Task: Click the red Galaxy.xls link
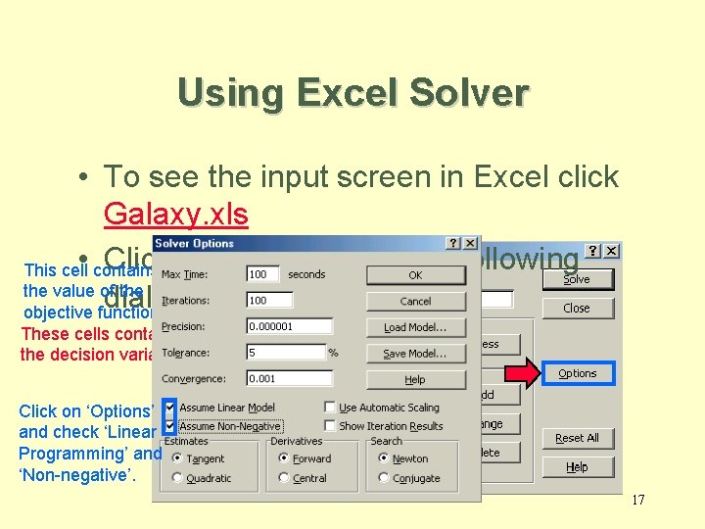[x=175, y=215]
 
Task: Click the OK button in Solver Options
[x=415, y=275]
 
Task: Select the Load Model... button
[x=415, y=327]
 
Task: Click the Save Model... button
[x=415, y=354]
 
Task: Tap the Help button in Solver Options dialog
[x=415, y=379]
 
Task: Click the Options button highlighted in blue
[x=577, y=373]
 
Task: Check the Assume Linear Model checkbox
[x=170, y=408]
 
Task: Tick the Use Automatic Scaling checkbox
[x=330, y=408]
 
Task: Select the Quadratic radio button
[x=176, y=478]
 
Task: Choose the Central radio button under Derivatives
[x=284, y=478]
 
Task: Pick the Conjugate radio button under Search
[x=384, y=478]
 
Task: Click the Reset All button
[x=577, y=438]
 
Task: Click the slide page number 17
[x=637, y=501]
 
